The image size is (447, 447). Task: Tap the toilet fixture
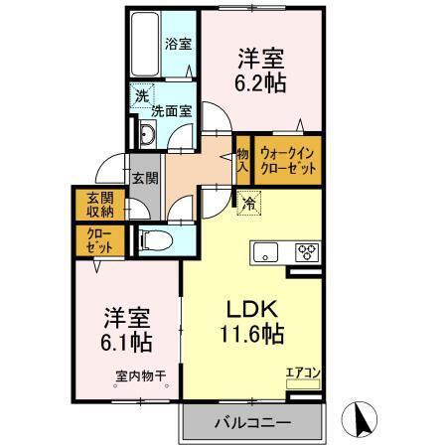154,237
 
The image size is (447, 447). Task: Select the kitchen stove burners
306,251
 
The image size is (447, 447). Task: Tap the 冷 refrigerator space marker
248,201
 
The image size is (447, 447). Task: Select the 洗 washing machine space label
141,96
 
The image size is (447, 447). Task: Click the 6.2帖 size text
263,81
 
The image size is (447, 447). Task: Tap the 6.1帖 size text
126,343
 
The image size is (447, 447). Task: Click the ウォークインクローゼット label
289,162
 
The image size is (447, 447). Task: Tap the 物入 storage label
242,161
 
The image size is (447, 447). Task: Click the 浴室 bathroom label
179,44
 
